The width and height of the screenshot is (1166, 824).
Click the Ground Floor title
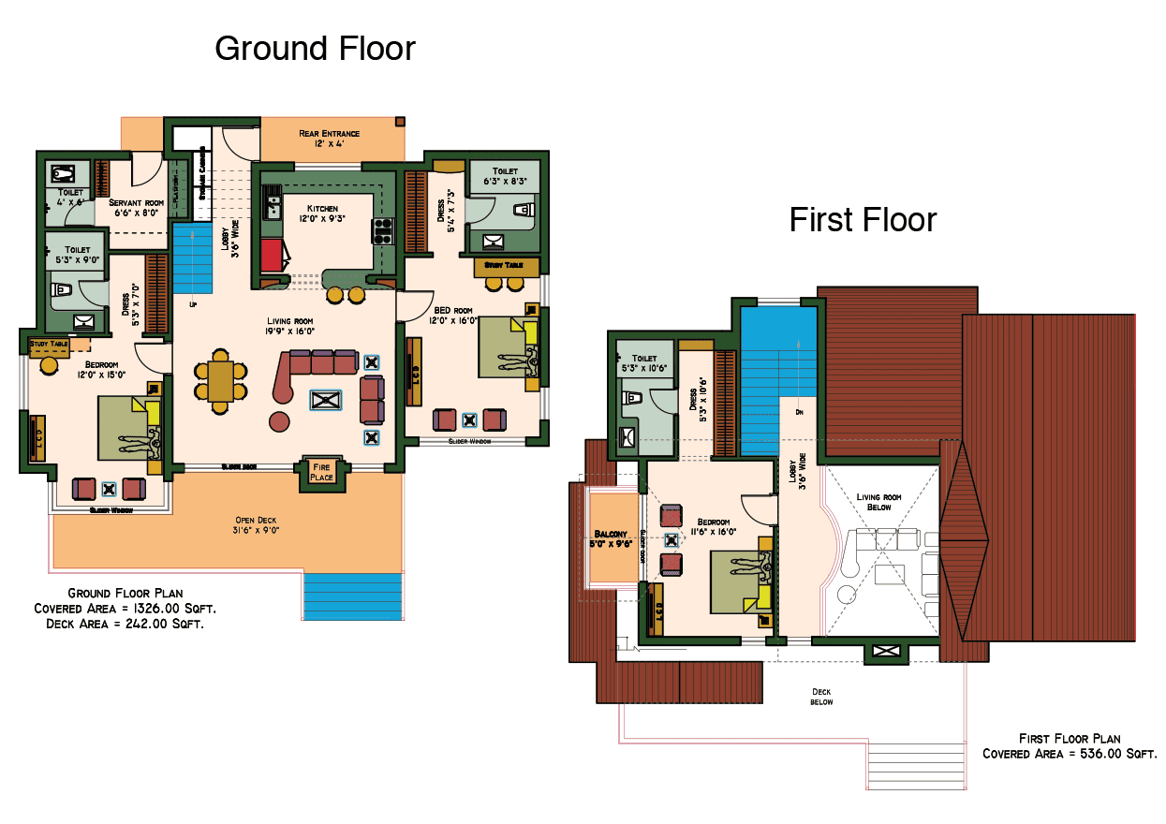coord(315,48)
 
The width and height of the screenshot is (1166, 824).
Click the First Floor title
coord(863,220)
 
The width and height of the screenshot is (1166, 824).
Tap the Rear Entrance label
coord(329,139)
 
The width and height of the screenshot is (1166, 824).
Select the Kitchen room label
coord(322,213)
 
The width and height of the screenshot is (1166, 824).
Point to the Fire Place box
coord(321,472)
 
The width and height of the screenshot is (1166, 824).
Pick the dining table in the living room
coord(221,381)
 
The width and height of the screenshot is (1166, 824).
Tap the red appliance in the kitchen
coord(271,254)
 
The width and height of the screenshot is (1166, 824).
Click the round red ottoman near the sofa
coord(279,421)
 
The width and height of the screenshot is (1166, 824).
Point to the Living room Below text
coord(880,502)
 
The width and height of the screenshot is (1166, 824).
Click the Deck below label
coord(820,697)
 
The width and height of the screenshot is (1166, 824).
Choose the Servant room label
coord(136,207)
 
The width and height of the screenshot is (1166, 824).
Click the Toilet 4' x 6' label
coord(70,196)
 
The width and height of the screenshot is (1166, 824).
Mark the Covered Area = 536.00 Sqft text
coord(1069,754)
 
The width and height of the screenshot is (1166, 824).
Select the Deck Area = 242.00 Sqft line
coord(125,623)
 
